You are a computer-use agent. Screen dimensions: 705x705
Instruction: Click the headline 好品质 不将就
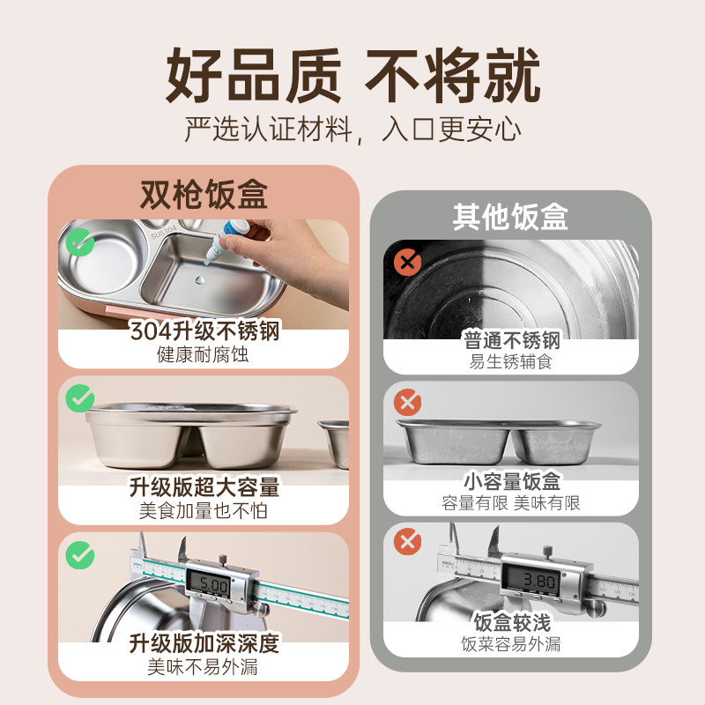click(x=352, y=77)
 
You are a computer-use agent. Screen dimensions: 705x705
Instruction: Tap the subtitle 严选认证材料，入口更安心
click(x=352, y=130)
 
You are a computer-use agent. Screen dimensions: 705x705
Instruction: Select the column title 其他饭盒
click(x=510, y=217)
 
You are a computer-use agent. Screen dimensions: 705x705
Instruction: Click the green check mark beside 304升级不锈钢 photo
click(x=80, y=241)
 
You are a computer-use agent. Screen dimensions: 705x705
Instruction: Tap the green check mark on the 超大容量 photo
click(x=80, y=399)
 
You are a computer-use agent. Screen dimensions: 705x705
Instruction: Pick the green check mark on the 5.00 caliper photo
click(x=80, y=554)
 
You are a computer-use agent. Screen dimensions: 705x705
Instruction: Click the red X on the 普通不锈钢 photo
click(x=406, y=262)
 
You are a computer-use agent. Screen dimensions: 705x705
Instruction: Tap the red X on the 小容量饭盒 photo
click(x=406, y=404)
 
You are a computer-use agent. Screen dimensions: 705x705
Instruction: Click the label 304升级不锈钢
click(x=204, y=332)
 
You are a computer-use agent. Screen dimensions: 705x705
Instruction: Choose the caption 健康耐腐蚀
click(x=204, y=355)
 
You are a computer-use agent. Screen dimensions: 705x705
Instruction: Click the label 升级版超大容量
click(x=204, y=487)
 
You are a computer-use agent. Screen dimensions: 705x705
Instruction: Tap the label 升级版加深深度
click(x=204, y=643)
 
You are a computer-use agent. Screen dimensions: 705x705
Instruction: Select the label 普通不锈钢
click(x=511, y=340)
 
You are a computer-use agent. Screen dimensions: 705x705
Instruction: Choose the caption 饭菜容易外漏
click(x=511, y=643)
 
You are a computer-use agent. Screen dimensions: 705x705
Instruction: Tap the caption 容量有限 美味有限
click(x=511, y=503)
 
